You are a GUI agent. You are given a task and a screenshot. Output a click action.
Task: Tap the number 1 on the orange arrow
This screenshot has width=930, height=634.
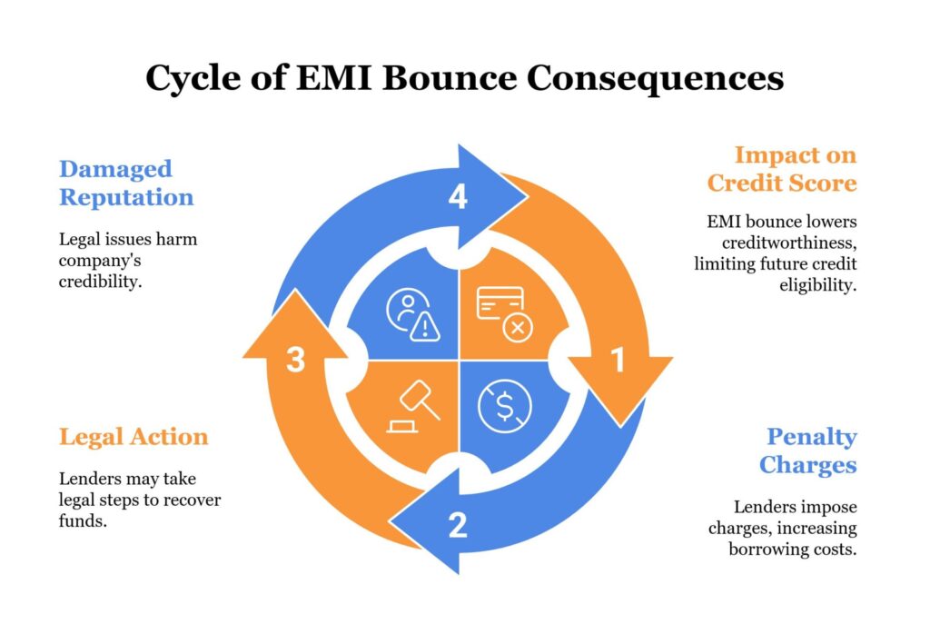pos(618,361)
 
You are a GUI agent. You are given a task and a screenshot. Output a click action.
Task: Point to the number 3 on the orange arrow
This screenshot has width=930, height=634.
pos(295,361)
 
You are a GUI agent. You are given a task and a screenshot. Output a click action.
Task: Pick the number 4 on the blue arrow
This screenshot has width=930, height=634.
pos(459,196)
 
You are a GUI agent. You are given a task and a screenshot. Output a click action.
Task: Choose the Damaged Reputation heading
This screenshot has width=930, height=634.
pos(125,183)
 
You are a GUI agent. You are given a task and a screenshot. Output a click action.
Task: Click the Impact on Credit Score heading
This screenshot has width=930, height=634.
pos(782,168)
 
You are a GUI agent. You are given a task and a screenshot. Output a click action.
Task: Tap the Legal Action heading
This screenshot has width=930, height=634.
pos(134,437)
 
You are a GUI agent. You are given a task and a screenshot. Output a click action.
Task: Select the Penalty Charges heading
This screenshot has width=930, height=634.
pos(807,451)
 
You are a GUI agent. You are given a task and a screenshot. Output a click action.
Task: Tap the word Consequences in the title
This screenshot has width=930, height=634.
pos(656,79)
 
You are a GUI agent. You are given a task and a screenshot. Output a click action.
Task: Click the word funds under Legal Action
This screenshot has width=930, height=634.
pos(79,521)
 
